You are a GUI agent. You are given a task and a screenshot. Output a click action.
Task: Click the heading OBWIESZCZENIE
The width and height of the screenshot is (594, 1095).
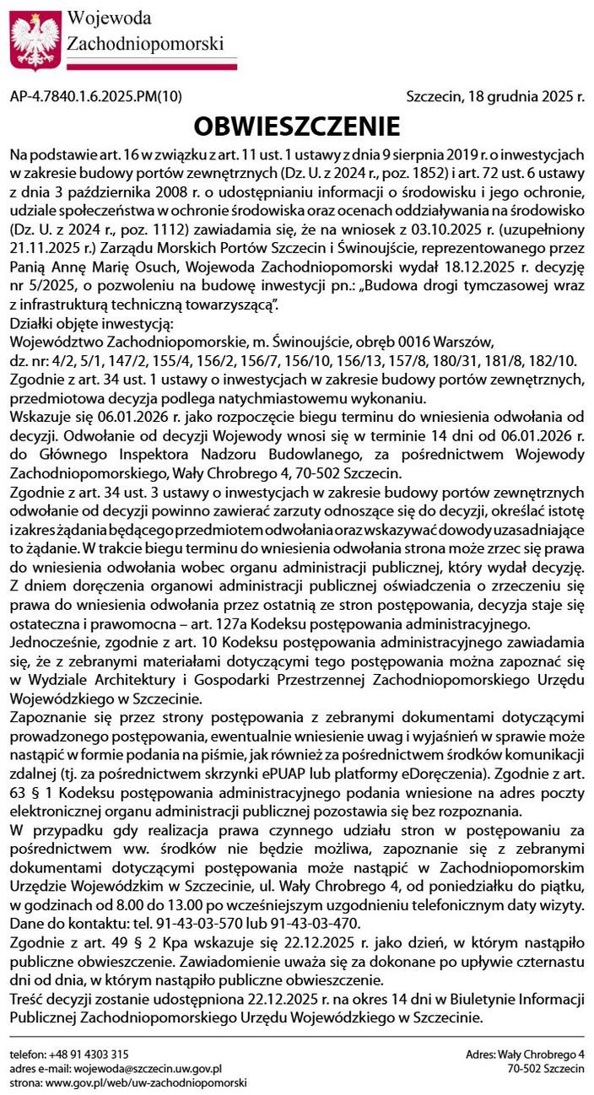coord(296,127)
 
